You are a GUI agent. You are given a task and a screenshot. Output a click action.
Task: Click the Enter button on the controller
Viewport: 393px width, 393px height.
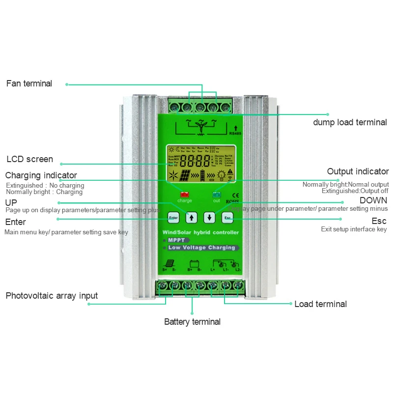point(173,217)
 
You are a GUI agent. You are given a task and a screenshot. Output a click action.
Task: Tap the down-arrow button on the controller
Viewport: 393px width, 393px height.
point(210,217)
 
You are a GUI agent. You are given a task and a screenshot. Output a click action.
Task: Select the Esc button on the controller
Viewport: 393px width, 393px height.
point(227,217)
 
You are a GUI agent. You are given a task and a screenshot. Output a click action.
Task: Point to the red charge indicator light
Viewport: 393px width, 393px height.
point(185,194)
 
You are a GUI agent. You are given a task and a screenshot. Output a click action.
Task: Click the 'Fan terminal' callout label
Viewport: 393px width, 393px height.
point(29,84)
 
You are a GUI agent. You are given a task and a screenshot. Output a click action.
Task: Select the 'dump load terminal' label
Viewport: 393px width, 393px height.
point(350,122)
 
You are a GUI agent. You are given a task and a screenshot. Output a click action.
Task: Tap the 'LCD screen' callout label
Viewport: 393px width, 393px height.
point(29,159)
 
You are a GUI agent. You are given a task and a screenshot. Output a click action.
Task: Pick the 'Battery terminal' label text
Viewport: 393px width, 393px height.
point(192,322)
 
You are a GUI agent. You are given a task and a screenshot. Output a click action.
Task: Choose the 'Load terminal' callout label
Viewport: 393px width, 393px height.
point(320,304)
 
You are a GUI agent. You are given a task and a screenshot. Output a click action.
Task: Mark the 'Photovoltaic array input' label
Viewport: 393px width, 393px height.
point(52,296)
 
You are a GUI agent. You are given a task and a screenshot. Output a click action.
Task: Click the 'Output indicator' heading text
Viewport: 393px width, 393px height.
point(358,171)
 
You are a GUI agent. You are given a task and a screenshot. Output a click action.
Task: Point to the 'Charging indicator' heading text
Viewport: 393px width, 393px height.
point(41,175)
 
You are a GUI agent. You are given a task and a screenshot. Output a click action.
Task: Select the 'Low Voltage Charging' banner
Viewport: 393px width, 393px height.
point(201,248)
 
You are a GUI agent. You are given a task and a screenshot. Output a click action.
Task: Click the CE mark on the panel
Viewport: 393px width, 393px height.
point(235,193)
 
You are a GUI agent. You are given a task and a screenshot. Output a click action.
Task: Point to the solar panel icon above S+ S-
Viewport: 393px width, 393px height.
point(173,263)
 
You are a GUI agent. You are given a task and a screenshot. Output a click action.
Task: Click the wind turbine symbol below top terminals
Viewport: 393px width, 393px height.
point(200,126)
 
